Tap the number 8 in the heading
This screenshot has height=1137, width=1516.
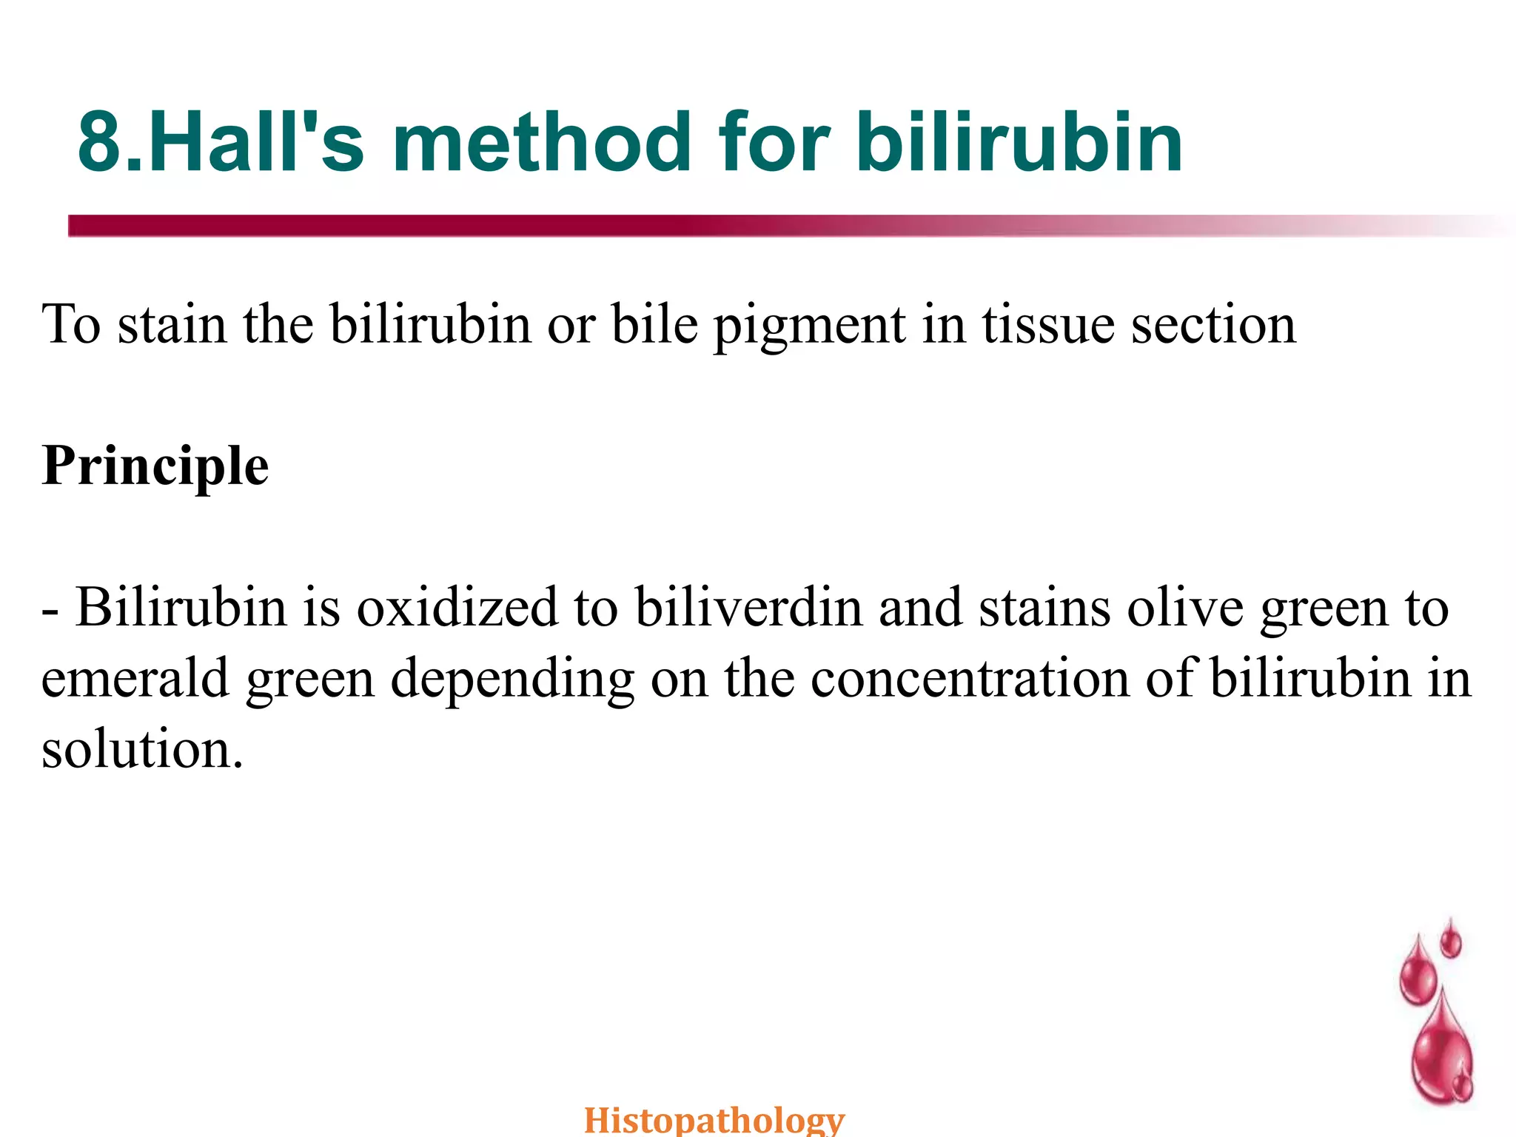(x=100, y=142)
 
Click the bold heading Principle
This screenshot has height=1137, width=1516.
(x=155, y=466)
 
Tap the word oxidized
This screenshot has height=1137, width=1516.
(x=457, y=607)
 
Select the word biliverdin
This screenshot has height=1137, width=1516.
(x=749, y=607)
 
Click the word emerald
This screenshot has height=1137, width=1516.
(x=135, y=678)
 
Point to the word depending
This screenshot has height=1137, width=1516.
(x=512, y=680)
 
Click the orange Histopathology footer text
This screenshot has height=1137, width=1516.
(x=714, y=1119)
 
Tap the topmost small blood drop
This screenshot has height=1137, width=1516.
(x=1451, y=940)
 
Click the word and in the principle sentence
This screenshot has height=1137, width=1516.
(x=921, y=607)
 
